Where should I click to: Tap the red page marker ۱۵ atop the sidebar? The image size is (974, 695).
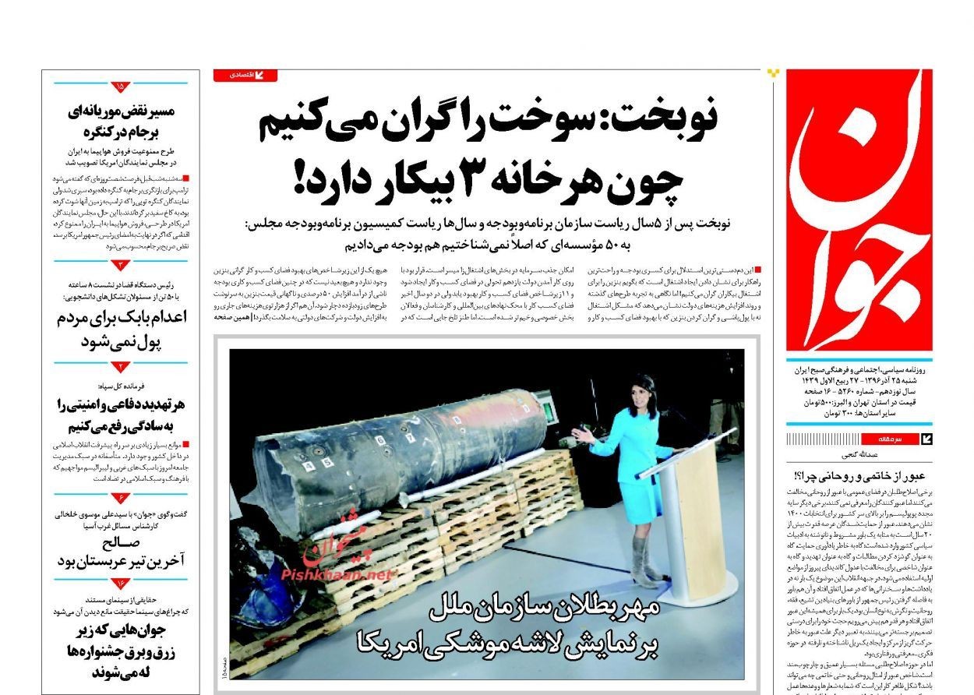(x=121, y=86)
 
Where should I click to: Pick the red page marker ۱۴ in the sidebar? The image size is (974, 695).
(x=121, y=583)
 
